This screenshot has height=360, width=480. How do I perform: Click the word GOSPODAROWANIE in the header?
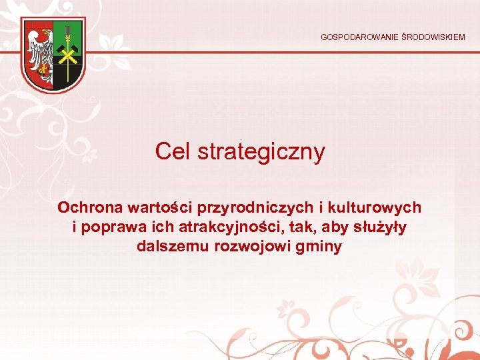coord(359,37)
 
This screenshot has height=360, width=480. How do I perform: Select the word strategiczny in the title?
coord(261,152)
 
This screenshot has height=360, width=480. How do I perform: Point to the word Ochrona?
coord(86,207)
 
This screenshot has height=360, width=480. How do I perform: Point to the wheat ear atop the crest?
coord(67,32)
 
